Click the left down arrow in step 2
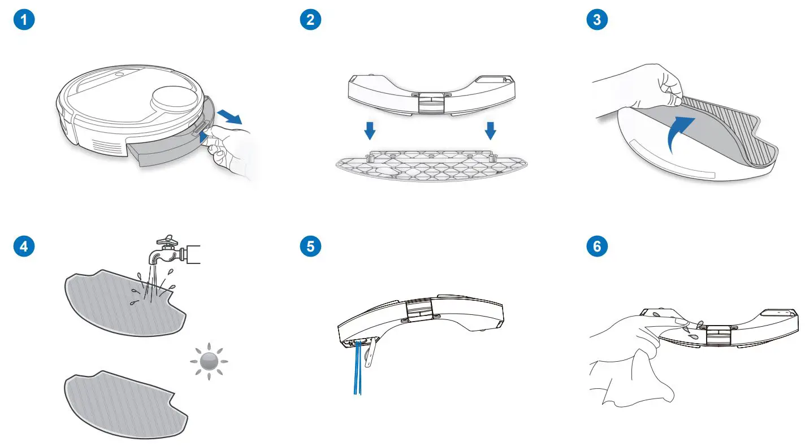tap(369, 131)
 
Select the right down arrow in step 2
tap(490, 131)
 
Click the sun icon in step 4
tap(208, 361)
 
